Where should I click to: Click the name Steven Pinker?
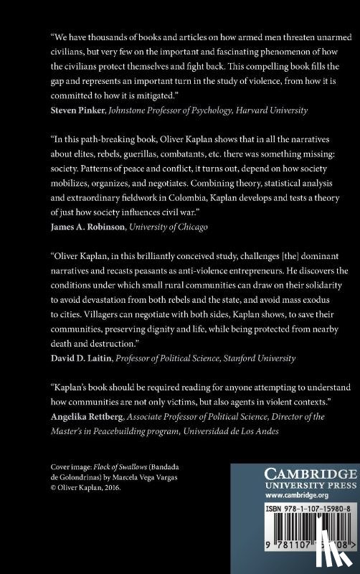(x=76, y=110)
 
